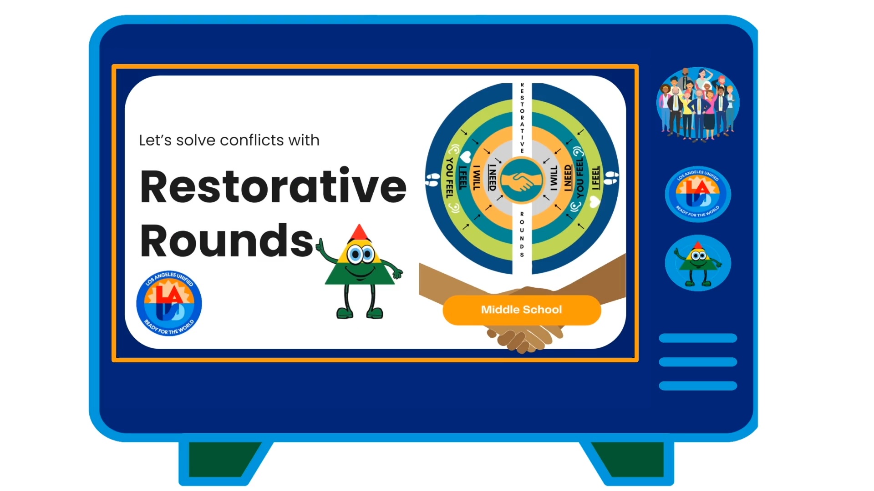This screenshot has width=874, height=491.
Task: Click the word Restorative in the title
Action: point(273,186)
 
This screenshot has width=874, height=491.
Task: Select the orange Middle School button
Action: point(522,310)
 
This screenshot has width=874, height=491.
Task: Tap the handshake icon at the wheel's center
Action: point(522,180)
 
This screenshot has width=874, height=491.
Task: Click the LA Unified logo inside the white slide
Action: point(169,303)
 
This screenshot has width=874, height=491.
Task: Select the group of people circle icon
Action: point(698,103)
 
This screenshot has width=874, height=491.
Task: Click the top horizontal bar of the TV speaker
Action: point(698,338)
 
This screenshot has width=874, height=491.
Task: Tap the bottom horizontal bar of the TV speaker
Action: point(698,386)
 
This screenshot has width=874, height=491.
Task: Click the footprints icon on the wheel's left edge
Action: point(432,179)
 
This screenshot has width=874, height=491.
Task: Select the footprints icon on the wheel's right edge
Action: point(611,178)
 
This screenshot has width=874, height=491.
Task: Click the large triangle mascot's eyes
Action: point(361,254)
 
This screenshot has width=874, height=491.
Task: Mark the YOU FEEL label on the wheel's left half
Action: point(450,178)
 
